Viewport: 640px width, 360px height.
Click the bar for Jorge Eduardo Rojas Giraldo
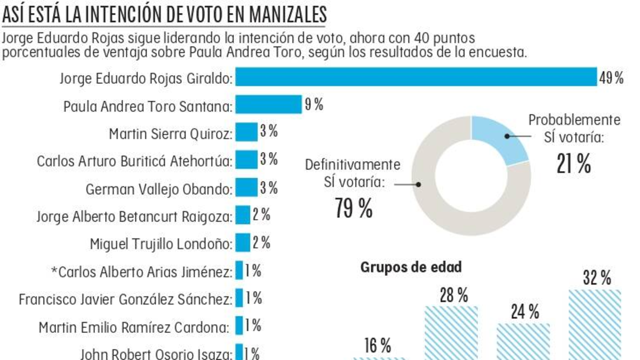(416, 77)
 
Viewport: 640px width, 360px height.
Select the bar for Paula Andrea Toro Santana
(269, 105)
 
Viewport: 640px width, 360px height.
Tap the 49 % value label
(611, 78)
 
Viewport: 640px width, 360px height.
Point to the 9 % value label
(314, 105)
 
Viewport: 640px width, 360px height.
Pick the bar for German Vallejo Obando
(246, 188)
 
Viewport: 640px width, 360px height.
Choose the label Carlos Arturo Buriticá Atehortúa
(134, 161)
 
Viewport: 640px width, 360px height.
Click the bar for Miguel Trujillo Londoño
(243, 243)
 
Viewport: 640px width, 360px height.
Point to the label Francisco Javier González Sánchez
(126, 299)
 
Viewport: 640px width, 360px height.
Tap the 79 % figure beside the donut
(354, 208)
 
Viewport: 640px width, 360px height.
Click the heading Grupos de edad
(411, 267)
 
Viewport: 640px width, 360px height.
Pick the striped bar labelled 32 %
(595, 325)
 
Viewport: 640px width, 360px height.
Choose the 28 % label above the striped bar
(454, 295)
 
